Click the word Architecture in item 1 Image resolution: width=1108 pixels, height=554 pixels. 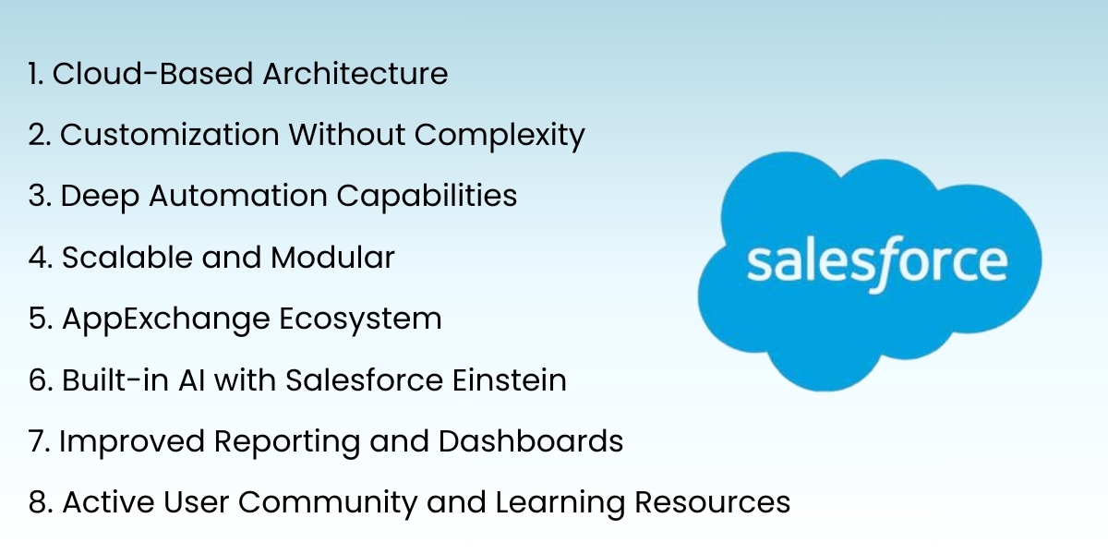(x=355, y=74)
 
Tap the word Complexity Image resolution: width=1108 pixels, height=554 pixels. (x=499, y=136)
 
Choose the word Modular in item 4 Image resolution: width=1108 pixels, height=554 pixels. (x=332, y=258)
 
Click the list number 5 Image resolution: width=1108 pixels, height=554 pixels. (x=36, y=319)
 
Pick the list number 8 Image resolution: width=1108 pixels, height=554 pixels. (x=36, y=502)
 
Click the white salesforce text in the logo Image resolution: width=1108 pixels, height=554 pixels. (x=876, y=264)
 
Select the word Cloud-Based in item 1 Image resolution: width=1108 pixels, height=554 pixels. (x=152, y=74)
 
